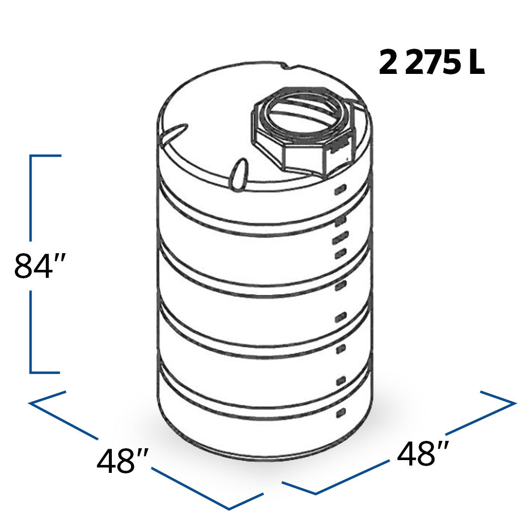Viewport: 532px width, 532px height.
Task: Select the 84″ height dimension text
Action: [x=39, y=266]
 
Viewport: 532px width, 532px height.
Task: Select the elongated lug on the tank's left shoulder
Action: [x=173, y=133]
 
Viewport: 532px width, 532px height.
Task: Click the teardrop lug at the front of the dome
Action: [x=238, y=173]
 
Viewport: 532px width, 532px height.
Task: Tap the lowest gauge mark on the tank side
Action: [x=340, y=413]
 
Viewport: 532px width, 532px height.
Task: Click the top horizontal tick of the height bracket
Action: [x=46, y=156]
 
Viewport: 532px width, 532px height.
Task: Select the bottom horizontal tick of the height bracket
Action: [x=45, y=372]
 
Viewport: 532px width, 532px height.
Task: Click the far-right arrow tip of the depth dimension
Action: [x=514, y=403]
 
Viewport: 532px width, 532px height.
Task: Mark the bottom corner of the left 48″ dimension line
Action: [x=230, y=508]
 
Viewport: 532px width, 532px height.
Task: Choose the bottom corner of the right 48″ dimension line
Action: [x=315, y=493]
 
